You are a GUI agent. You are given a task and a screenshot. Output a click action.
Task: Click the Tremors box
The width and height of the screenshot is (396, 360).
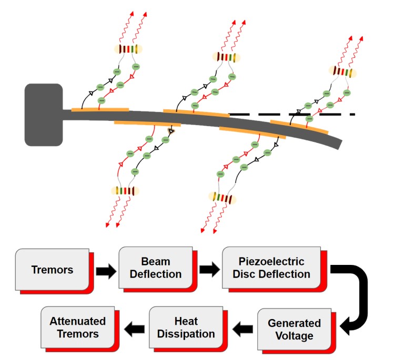tap(52, 270)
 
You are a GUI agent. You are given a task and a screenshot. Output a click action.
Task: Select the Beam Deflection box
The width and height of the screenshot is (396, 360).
tap(154, 268)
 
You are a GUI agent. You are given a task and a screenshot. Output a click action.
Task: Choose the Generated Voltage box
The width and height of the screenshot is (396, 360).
tap(295, 329)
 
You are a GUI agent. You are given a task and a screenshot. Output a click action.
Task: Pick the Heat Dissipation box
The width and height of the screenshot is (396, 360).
tap(187, 327)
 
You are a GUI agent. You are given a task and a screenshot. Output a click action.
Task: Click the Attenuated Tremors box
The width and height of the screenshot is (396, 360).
tap(78, 327)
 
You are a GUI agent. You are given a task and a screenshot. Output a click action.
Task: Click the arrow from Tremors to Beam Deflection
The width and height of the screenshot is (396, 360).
tap(105, 272)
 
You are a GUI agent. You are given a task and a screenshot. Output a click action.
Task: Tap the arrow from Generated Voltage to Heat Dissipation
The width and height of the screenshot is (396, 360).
tap(243, 330)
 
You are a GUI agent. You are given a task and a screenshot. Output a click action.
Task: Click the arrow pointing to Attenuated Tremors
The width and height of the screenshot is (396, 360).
tap(134, 330)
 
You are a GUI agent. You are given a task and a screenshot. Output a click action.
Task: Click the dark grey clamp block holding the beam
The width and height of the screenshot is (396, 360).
tap(44, 115)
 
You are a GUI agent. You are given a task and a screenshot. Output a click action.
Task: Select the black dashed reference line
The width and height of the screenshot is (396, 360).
tap(295, 114)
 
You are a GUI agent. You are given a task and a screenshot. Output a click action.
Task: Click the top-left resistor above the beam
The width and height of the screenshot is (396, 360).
tap(128, 49)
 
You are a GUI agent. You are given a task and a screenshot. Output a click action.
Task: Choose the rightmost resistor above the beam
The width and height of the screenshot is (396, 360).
tap(342, 71)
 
